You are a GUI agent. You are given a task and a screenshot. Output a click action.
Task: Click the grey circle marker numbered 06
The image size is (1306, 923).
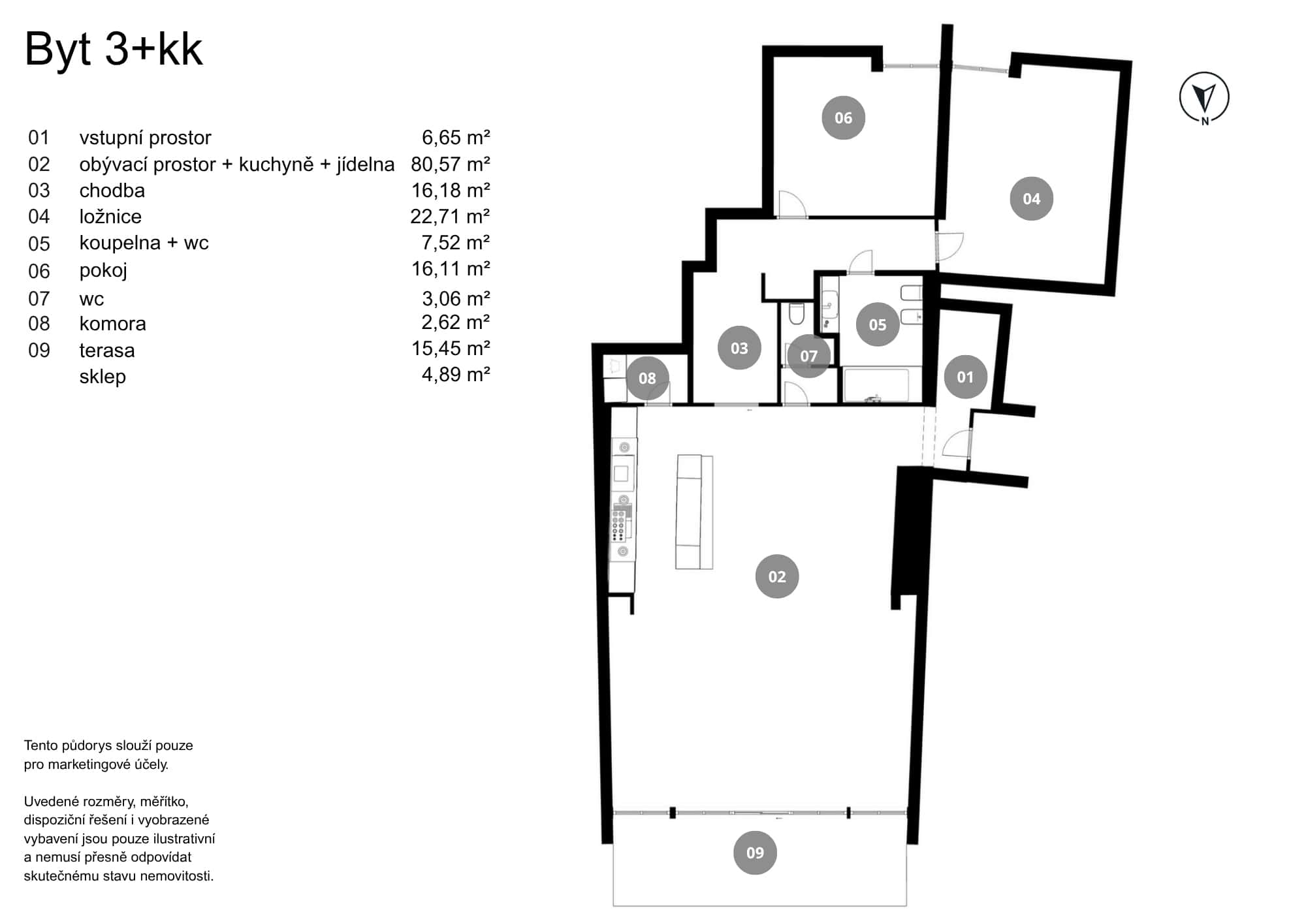tap(843, 118)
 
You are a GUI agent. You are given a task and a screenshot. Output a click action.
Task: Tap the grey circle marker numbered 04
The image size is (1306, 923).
tap(1031, 198)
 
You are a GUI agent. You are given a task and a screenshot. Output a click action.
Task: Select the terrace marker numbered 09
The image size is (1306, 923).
tap(755, 853)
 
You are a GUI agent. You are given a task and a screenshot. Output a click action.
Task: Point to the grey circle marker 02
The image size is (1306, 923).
tap(776, 576)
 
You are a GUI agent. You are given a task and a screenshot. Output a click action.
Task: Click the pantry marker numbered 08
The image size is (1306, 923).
tap(647, 378)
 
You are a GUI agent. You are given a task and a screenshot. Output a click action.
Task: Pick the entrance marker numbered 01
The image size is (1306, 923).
tap(965, 377)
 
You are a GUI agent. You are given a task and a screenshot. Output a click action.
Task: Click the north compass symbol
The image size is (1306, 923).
tap(1204, 98)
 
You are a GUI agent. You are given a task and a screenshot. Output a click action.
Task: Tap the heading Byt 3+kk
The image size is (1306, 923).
tap(114, 49)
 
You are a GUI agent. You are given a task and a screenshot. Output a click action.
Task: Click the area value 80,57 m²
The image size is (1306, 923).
tap(450, 164)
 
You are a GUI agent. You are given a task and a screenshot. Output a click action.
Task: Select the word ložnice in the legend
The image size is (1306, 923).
tap(110, 217)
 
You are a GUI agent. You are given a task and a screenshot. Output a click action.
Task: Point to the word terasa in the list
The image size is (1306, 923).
tap(107, 351)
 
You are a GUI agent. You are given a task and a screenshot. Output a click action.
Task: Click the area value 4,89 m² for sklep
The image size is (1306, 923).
tap(455, 375)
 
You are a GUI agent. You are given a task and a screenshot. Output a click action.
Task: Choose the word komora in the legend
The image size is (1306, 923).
tap(112, 324)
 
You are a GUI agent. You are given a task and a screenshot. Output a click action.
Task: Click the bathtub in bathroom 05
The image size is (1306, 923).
tap(876, 386)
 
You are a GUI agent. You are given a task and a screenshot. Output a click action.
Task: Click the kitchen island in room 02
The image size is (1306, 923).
tap(693, 512)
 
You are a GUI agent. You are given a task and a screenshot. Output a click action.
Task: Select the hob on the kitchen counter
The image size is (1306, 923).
tap(620, 524)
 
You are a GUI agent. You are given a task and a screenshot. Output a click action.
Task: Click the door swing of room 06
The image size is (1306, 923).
tap(791, 204)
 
